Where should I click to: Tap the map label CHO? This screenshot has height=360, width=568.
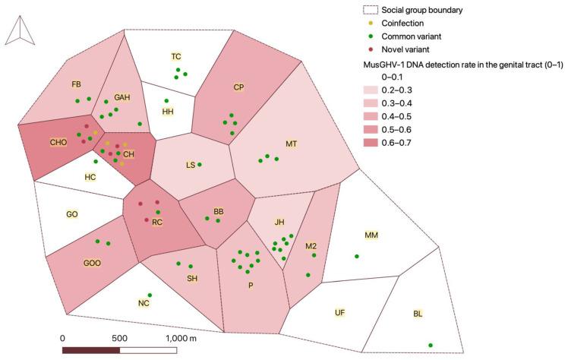click(x=59, y=142)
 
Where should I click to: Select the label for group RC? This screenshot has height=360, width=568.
click(x=157, y=223)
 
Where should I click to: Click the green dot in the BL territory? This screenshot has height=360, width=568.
click(x=431, y=346)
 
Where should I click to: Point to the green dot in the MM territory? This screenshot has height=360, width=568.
click(x=357, y=257)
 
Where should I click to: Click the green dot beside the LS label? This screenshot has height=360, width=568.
click(x=200, y=165)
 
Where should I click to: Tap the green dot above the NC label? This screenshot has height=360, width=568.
click(x=150, y=295)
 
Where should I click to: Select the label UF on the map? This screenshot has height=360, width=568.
click(x=340, y=312)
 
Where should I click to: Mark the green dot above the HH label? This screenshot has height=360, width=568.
click(x=166, y=101)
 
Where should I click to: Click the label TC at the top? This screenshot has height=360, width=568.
click(x=176, y=57)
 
